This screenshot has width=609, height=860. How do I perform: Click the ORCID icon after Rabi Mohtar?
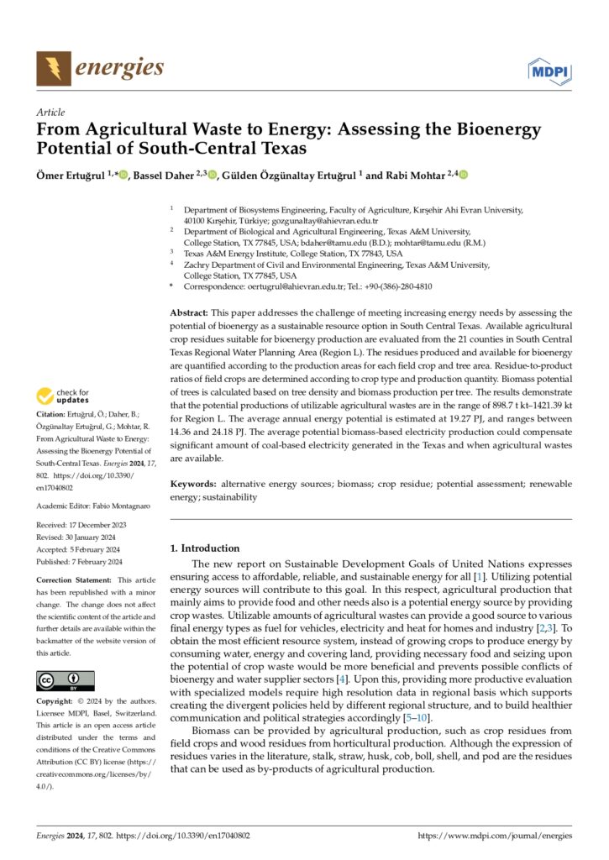pyautogui.click(x=463, y=175)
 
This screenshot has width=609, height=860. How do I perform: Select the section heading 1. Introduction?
pyautogui.click(x=204, y=548)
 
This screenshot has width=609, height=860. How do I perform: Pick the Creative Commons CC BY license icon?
pyautogui.click(x=66, y=681)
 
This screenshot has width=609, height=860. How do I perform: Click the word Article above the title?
pyautogui.click(x=51, y=112)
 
